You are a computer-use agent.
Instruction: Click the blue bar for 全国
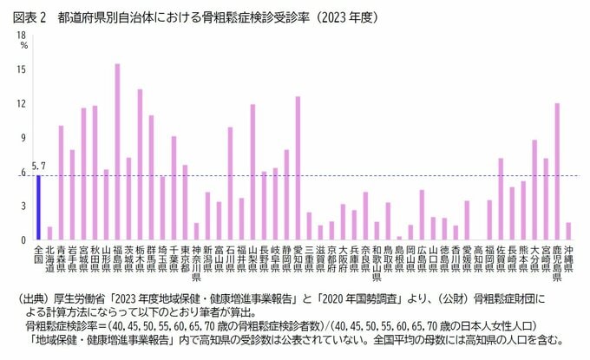tap(38, 207)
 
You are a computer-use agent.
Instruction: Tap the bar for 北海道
tap(49, 233)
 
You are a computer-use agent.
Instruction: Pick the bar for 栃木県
tap(140, 165)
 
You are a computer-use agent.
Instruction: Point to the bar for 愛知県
tap(298, 168)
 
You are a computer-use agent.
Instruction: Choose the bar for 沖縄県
tap(568, 231)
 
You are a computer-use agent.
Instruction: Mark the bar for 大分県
tap(534, 190)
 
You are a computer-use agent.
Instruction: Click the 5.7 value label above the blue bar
tap(38, 166)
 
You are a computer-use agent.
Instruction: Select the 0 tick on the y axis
tap(23, 240)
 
